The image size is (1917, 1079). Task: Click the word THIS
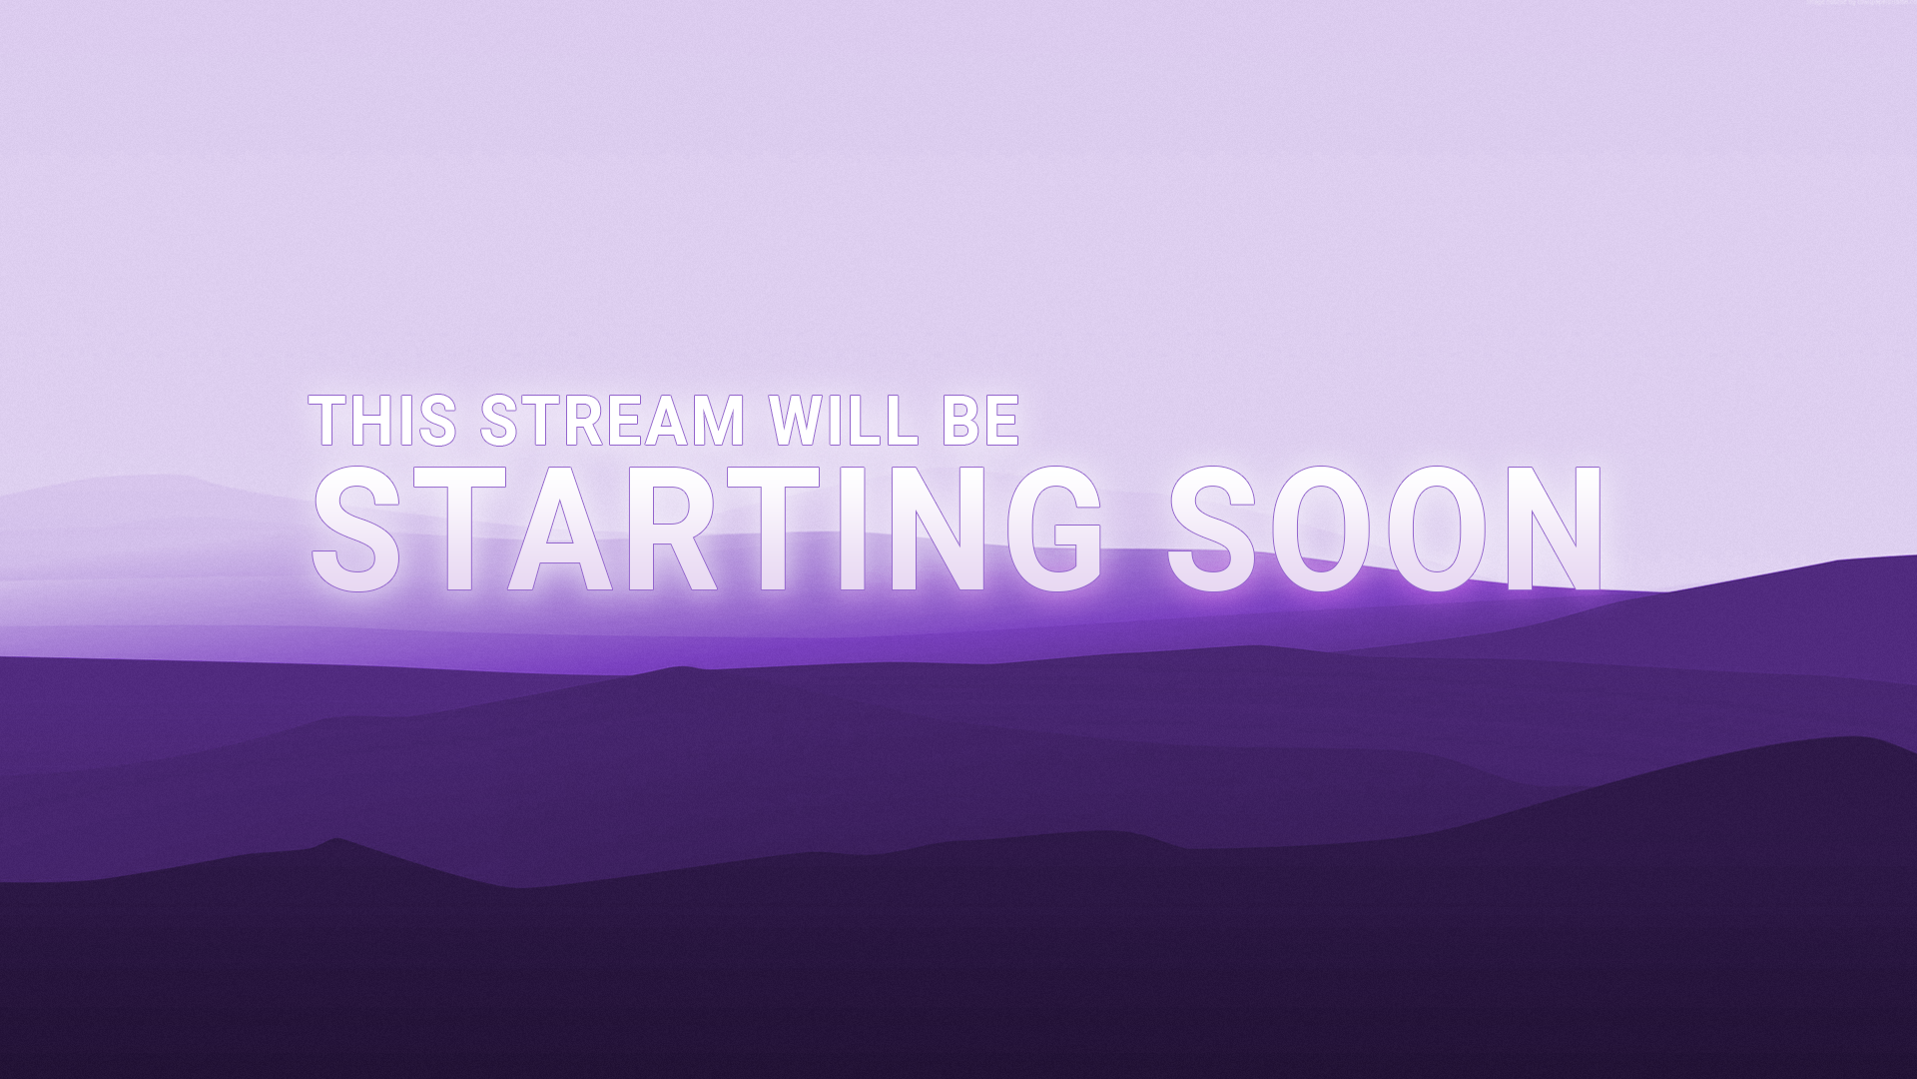383,420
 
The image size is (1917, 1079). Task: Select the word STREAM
612,420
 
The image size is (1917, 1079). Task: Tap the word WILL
844,420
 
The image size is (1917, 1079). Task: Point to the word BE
980,420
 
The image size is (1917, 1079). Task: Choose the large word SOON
1386,529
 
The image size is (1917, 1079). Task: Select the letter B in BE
959,420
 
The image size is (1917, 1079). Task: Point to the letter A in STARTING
559,529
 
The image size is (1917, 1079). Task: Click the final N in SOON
1555,529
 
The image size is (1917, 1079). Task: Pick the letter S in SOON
1217,529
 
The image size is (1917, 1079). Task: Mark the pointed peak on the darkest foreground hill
337,839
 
